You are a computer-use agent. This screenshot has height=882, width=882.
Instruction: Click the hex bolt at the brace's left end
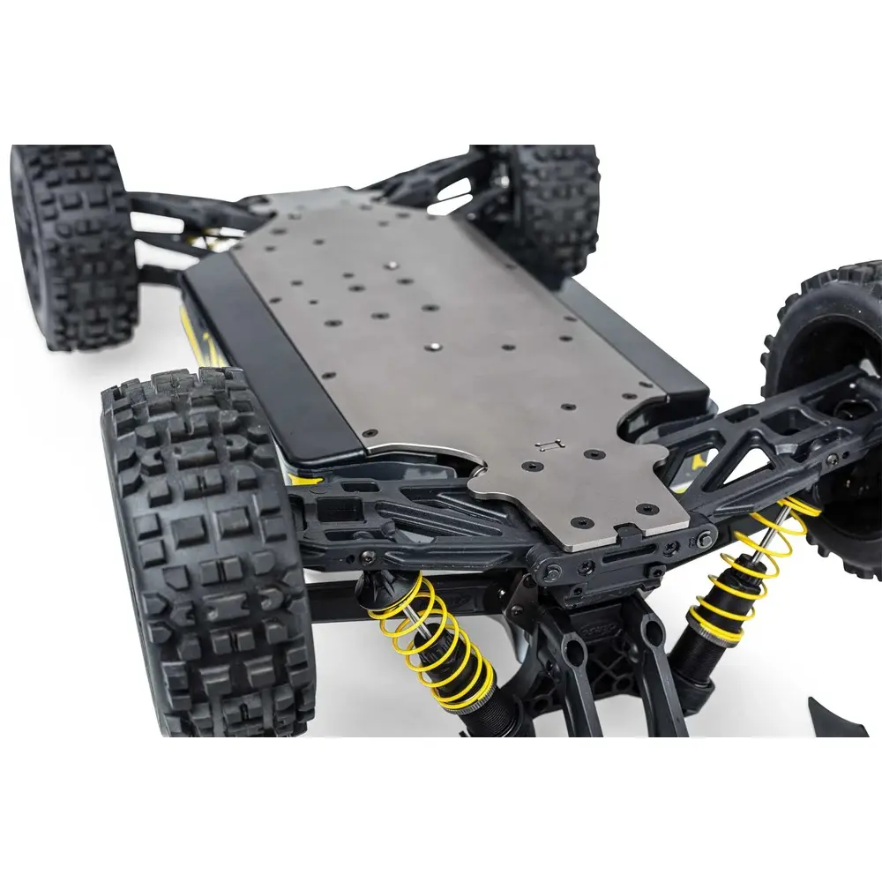point(552,573)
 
